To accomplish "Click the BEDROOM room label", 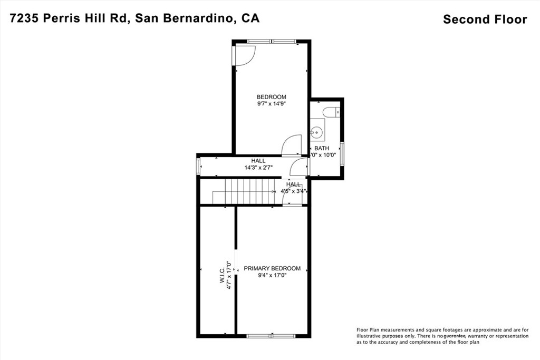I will (271, 97).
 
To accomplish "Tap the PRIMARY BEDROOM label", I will (272, 268).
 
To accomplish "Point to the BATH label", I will (322, 149).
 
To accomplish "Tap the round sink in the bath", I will (318, 131).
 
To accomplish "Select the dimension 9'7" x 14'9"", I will (271, 104).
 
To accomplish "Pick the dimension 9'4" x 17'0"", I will (272, 275).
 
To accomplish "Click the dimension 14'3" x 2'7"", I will (258, 168).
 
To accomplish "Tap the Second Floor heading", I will (485, 20).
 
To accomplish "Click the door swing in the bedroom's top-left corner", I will (244, 55).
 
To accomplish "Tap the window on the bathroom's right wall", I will (342, 152).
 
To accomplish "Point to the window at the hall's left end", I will (199, 167).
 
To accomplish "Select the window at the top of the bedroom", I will (272, 41).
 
